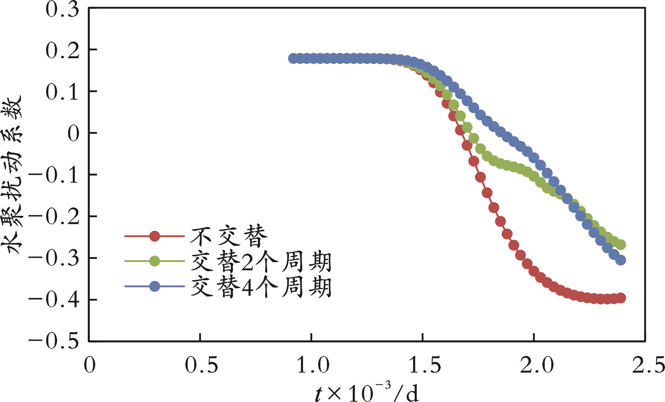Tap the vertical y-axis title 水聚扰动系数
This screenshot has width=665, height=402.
pyautogui.click(x=15, y=175)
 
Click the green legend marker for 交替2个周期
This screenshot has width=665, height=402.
pyautogui.click(x=155, y=261)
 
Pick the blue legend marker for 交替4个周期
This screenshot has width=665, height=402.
pyautogui.click(x=155, y=286)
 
